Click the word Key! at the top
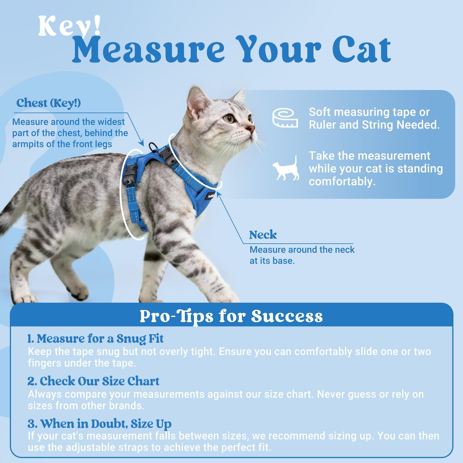70,27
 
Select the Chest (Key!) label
48,103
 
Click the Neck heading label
263,235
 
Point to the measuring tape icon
285,118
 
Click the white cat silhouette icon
286,168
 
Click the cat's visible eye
230,119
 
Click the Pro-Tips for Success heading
231,316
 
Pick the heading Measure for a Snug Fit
95,339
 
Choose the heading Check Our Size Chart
93,381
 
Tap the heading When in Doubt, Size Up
99,424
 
